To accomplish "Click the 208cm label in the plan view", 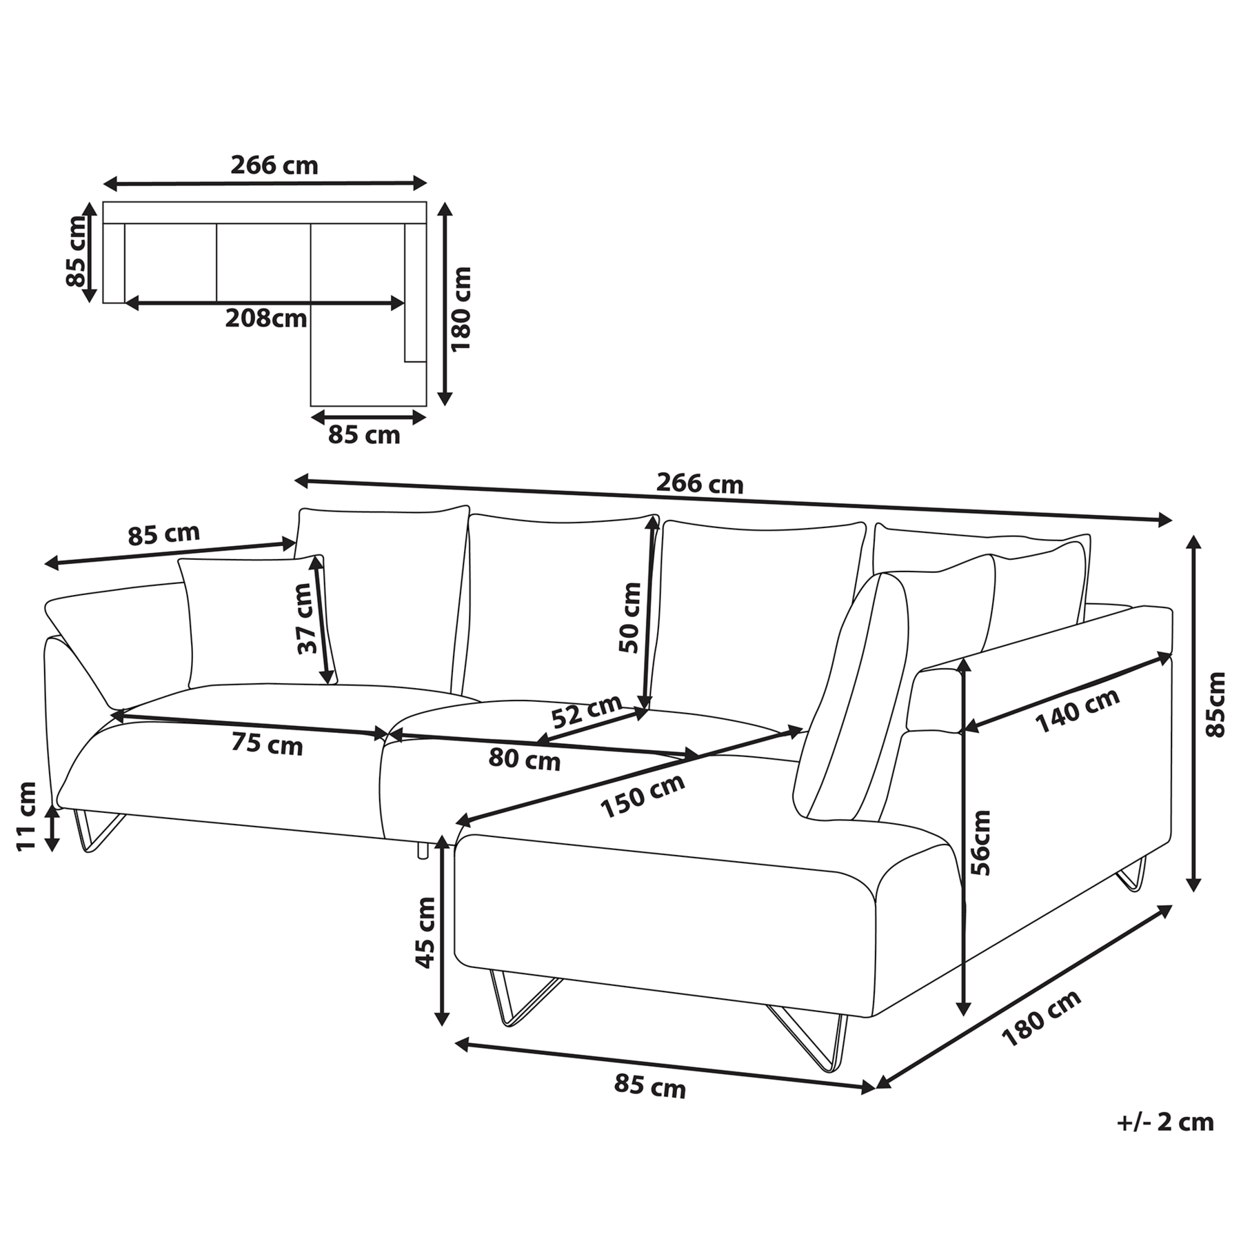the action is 266,319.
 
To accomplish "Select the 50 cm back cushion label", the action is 629,618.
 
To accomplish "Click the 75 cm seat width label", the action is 267,744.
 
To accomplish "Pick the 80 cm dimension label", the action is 524,760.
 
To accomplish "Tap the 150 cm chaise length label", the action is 643,795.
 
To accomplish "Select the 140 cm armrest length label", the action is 1077,711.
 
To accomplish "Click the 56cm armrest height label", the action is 980,842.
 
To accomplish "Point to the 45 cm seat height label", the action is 426,932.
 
